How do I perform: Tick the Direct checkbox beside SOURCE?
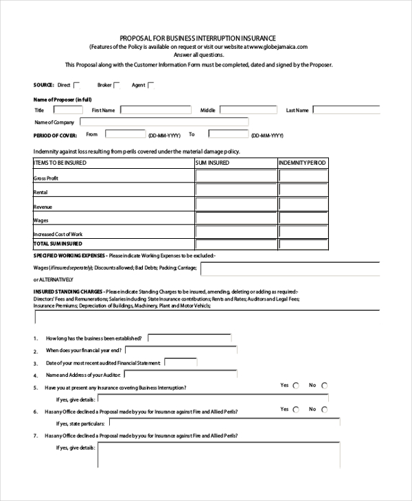click(77, 85)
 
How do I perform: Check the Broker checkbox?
click(117, 85)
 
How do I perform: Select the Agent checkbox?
click(151, 85)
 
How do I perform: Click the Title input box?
click(66, 110)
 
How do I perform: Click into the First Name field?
click(157, 110)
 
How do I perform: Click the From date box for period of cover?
click(125, 135)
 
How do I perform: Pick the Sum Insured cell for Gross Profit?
click(236, 176)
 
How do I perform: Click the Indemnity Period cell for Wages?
click(303, 219)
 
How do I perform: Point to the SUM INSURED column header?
click(214, 163)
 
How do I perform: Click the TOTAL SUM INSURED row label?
click(58, 244)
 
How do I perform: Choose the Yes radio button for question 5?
click(296, 386)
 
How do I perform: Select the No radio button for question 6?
click(324, 409)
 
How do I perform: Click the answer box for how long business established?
click(189, 338)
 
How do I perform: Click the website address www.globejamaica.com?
click(274, 47)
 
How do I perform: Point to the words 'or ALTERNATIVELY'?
click(52, 280)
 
